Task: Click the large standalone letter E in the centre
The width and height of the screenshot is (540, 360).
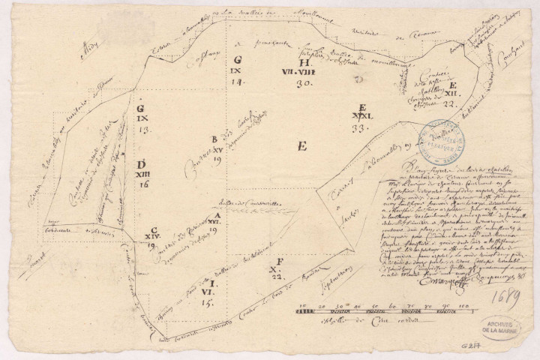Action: click(302, 147)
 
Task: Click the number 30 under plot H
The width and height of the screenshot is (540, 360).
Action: click(303, 85)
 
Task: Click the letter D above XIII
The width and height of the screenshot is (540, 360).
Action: click(141, 164)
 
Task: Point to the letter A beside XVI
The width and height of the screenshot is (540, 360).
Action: click(217, 215)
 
